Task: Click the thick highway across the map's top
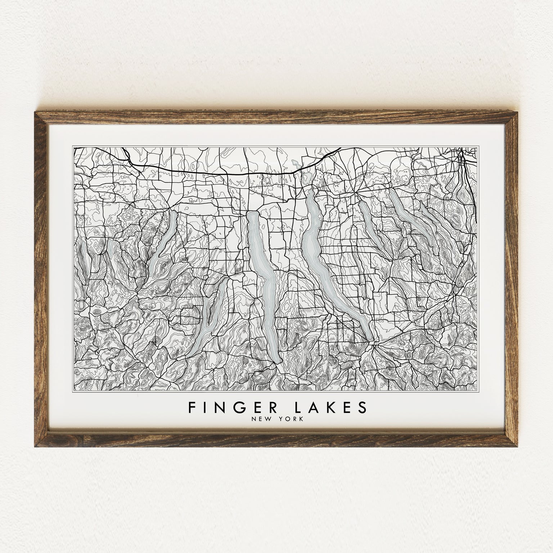[216, 173]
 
